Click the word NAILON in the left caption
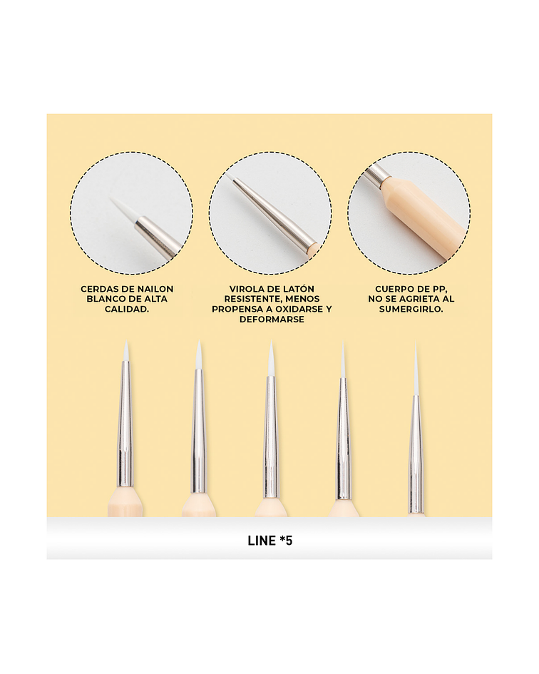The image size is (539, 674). coord(155,289)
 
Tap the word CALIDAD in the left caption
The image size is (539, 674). coord(127,309)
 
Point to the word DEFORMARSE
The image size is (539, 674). coord(272,320)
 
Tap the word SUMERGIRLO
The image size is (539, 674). coord(411,309)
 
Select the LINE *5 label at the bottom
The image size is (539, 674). coord(270,541)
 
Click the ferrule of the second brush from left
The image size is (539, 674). coord(197,430)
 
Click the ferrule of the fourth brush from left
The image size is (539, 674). coord(342,439)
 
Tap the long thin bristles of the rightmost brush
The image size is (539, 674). coord(416,369)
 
